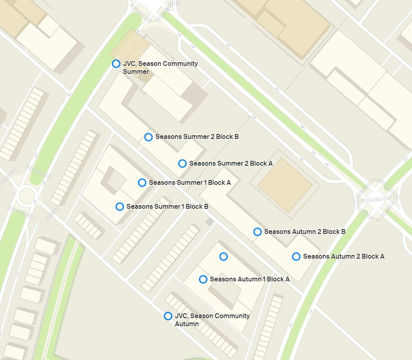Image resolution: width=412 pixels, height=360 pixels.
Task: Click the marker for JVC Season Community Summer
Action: [116, 63]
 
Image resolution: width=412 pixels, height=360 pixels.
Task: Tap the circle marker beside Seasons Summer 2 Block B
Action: [148, 137]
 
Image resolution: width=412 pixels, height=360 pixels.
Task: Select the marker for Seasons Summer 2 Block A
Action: [182, 163]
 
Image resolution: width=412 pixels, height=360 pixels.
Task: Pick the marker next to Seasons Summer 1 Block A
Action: [142, 182]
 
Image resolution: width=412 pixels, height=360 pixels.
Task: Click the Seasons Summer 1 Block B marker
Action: [119, 206]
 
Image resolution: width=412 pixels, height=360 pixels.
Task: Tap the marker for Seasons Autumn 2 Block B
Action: [257, 231]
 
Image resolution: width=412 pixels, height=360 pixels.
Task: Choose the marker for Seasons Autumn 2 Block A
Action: [296, 256]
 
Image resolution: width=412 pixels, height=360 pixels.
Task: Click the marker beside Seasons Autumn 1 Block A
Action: [203, 279]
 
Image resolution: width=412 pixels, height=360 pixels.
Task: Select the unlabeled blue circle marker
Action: [224, 256]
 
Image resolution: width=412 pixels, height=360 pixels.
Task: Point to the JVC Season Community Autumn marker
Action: [168, 316]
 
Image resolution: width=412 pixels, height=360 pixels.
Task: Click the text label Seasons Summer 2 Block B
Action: [197, 137]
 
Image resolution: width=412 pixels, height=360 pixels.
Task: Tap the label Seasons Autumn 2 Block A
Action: [343, 256]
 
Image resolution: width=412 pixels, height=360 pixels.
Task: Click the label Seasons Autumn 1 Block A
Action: [250, 279]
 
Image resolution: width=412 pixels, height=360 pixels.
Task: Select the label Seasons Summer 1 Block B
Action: [167, 206]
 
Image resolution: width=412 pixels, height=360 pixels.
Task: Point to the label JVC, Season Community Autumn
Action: [212, 319]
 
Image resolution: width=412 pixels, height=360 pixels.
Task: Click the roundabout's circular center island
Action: [26, 196]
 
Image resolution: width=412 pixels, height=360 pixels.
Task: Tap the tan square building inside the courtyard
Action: [285, 185]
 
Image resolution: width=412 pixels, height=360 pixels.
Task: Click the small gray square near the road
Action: [209, 222]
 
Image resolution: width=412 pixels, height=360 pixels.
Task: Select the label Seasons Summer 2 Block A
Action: [231, 163]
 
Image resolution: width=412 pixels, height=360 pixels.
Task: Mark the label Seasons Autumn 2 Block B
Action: [305, 231]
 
